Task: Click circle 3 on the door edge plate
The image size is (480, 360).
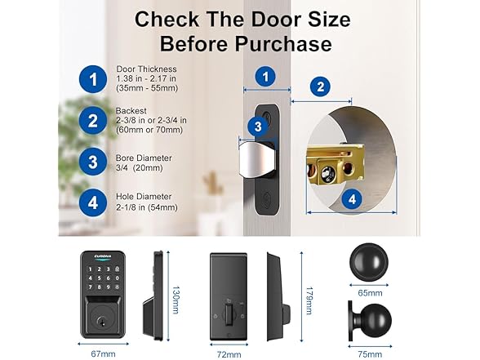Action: coord(257,126)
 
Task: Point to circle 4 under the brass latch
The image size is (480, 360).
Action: coord(351,198)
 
